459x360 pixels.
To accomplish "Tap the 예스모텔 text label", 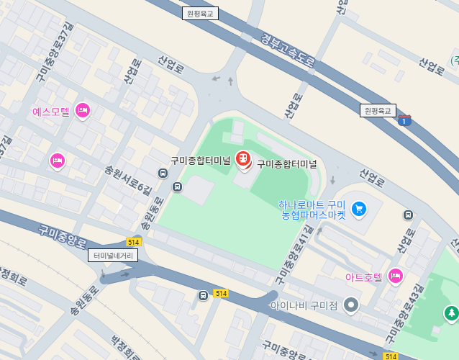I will point(51,112).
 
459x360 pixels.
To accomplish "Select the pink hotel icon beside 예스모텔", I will point(83,110).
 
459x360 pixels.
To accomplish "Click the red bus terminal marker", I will point(243,158).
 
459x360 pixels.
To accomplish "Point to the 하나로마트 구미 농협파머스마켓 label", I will point(313,210).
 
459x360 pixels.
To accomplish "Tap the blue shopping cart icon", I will point(358,209).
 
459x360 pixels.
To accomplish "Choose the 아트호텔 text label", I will point(363,276).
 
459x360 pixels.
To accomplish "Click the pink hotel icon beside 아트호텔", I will point(395,275).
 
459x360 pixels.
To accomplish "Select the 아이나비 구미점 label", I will point(304,305).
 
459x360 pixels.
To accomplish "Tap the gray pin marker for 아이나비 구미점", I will point(351,304).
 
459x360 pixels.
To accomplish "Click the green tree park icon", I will point(451,312).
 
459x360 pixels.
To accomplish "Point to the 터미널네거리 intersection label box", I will point(113,255).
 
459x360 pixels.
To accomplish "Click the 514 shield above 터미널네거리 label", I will point(133,242).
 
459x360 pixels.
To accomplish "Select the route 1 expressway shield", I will point(405,121).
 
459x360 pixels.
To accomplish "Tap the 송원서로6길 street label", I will point(128,179).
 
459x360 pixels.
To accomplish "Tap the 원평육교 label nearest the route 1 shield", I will point(378,110).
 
